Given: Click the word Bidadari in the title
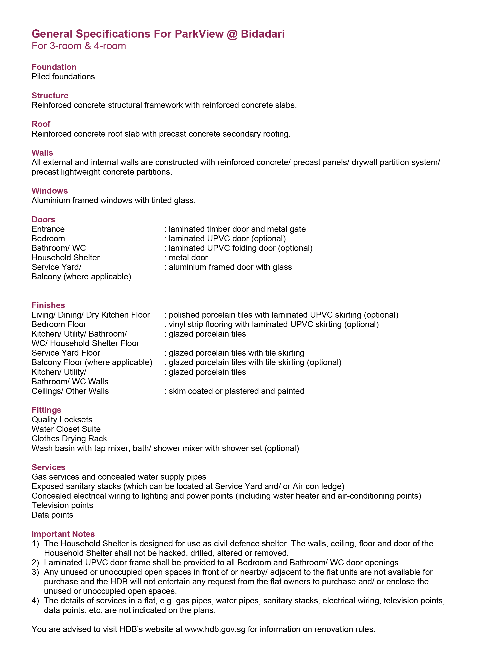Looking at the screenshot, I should (262, 34).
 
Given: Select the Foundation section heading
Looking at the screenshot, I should (54, 67).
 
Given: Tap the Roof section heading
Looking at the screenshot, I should (41, 124).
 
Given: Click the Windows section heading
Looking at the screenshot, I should (50, 191).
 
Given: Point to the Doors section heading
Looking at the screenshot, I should (44, 219).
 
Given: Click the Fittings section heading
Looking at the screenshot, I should (46, 410).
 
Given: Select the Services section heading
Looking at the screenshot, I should (49, 467).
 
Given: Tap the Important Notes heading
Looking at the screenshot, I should (63, 534).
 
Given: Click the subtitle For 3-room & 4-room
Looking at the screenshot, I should (79, 46).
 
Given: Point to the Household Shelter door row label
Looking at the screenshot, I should (66, 258).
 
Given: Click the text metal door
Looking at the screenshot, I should (188, 258).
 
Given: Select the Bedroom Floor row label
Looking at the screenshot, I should (59, 325).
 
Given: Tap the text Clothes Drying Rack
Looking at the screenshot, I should (69, 439).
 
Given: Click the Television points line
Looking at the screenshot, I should (62, 506).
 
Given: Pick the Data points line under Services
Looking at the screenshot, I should (52, 515).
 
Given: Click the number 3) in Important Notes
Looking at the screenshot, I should (35, 572).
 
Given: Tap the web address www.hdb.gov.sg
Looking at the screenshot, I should (215, 629).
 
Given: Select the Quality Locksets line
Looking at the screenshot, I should (62, 420).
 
